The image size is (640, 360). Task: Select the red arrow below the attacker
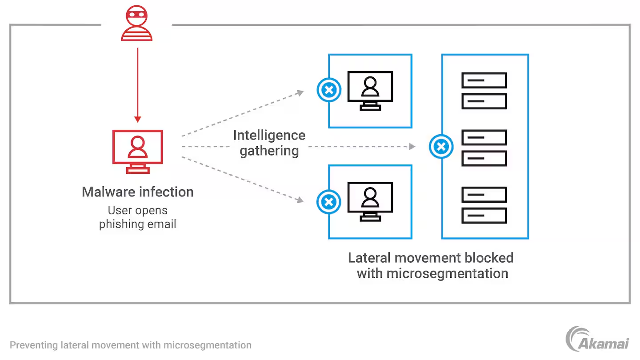coord(138,84)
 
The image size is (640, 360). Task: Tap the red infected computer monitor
coord(137,151)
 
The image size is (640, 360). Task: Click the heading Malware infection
coord(138,192)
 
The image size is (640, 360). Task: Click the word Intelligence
coord(269,135)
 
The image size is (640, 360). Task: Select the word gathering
coord(269,151)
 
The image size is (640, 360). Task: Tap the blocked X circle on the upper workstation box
coord(328,91)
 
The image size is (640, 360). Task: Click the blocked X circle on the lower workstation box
coord(328,202)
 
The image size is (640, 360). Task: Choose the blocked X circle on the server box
coord(441,147)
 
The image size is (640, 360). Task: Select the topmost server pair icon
coord(484,91)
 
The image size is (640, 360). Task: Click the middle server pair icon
coord(484,148)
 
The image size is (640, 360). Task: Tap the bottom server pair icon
coord(484,205)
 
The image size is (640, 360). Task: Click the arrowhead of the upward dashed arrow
coord(301,92)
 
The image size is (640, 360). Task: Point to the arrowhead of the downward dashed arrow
coord(301,200)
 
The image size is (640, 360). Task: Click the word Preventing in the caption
coord(33,345)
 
